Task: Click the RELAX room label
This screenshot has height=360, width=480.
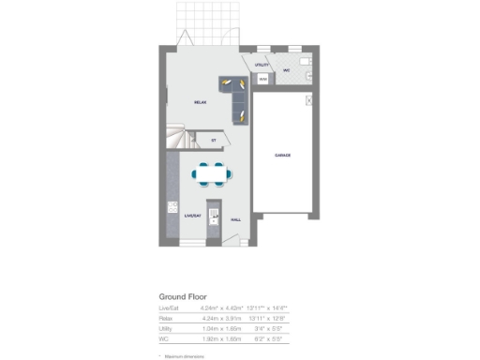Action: coord(200,101)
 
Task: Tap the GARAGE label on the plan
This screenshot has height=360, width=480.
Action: coord(281,155)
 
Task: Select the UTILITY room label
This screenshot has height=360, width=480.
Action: coord(262,65)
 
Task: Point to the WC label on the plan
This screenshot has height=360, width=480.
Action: coord(287,69)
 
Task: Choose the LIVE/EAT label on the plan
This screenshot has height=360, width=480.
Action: coord(193,216)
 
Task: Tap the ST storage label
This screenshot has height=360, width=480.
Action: coord(214,141)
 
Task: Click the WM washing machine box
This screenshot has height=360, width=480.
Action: coord(263,79)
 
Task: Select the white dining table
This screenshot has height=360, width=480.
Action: coord(210,172)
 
